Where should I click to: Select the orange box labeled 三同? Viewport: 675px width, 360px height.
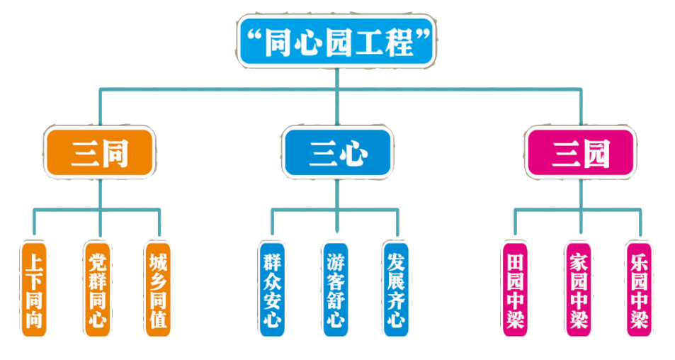(99, 153)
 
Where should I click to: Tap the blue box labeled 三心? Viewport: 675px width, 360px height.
(337, 153)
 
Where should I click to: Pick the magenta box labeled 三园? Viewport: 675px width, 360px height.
(581, 153)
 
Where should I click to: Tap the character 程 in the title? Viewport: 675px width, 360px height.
(401, 43)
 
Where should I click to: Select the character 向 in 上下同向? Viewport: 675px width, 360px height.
(33, 320)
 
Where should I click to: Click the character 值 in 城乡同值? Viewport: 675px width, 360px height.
(159, 320)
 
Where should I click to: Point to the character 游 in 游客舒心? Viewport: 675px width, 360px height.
(335, 259)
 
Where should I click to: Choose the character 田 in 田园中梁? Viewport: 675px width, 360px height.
(515, 259)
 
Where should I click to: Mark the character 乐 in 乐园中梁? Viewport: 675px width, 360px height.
(639, 259)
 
